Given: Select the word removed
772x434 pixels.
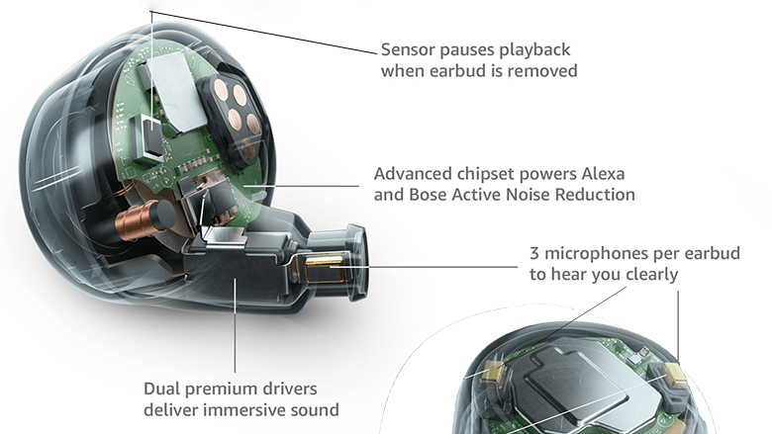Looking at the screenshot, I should tap(540, 71).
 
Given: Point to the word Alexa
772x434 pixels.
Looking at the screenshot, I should tap(605, 174).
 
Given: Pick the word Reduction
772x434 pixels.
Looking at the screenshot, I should tap(590, 195).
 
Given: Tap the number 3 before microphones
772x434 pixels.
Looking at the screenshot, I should tap(534, 253).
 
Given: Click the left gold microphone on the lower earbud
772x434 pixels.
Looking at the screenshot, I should tap(492, 372).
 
